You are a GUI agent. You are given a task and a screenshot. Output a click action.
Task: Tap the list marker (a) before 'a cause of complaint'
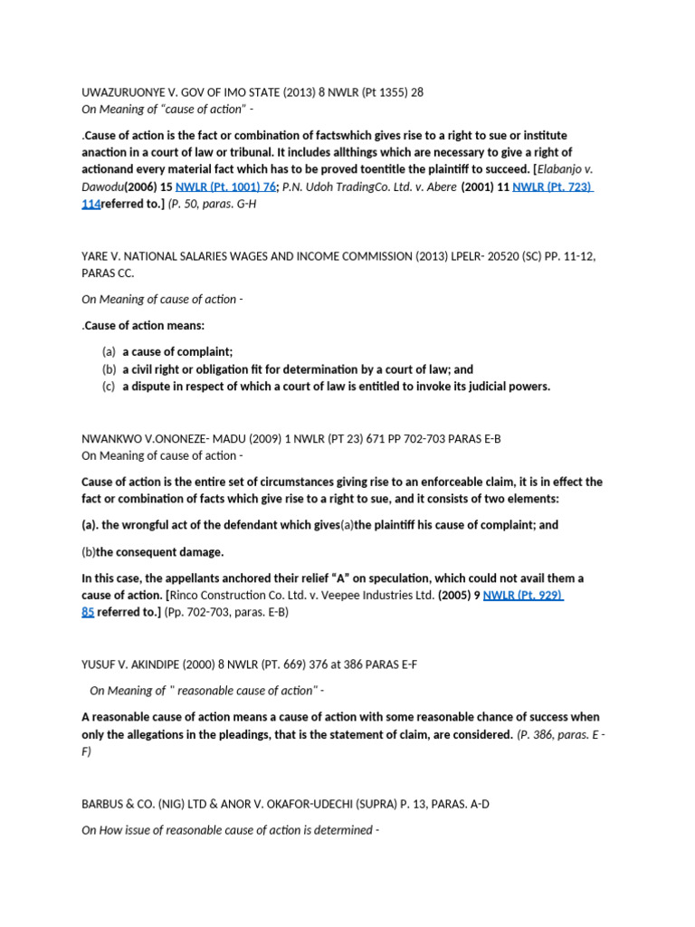coord(109,351)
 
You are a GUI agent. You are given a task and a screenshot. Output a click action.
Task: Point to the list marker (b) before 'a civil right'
coord(109,368)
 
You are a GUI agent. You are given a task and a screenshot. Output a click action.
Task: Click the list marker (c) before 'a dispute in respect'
coord(109,386)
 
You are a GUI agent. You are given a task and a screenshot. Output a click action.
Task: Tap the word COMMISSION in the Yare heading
coord(368,256)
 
